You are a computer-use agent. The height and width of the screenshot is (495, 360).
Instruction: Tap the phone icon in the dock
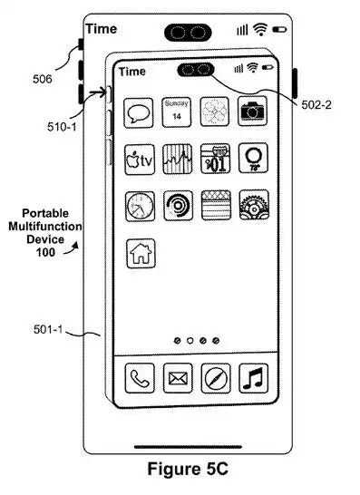click(139, 377)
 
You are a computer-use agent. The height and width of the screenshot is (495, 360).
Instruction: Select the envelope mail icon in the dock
click(177, 377)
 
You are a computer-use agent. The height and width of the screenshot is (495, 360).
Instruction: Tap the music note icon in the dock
click(252, 377)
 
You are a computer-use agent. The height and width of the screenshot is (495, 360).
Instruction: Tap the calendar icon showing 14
click(177, 112)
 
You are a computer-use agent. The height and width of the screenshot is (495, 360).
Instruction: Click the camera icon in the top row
click(252, 112)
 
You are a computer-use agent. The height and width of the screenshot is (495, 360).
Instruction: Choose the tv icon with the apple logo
click(140, 159)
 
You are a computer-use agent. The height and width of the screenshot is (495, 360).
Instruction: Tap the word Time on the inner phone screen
click(131, 71)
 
